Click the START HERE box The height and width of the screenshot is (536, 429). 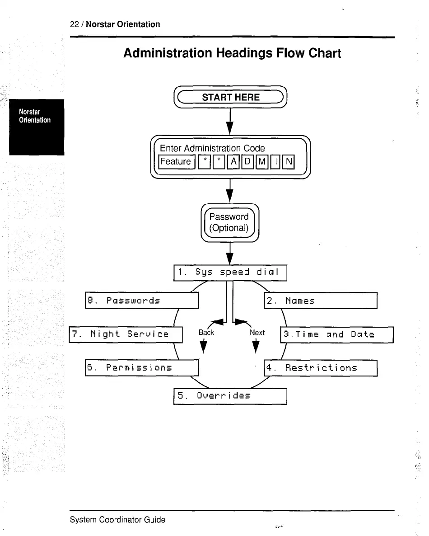click(x=230, y=97)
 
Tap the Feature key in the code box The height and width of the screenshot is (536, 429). click(x=176, y=161)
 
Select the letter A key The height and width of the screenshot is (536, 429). click(x=234, y=161)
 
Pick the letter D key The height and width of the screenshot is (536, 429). click(x=247, y=161)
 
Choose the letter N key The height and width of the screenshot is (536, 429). click(x=289, y=161)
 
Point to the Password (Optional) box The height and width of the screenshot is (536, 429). click(x=229, y=222)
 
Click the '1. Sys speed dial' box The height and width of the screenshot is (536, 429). click(x=230, y=272)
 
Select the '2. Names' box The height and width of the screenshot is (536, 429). click(x=320, y=301)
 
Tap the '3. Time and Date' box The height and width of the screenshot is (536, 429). click(x=337, y=334)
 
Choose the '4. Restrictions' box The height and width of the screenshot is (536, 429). click(x=320, y=368)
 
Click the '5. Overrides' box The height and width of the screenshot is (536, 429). click(x=230, y=396)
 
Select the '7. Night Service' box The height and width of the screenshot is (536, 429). click(x=126, y=334)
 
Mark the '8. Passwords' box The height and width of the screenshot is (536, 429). click(x=142, y=301)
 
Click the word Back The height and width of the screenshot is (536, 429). click(x=206, y=333)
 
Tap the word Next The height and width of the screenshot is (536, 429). click(x=257, y=333)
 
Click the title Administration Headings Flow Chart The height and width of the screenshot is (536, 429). click(x=232, y=53)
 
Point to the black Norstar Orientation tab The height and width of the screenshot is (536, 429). click(x=37, y=127)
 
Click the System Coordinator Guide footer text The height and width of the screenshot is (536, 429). click(x=117, y=520)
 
